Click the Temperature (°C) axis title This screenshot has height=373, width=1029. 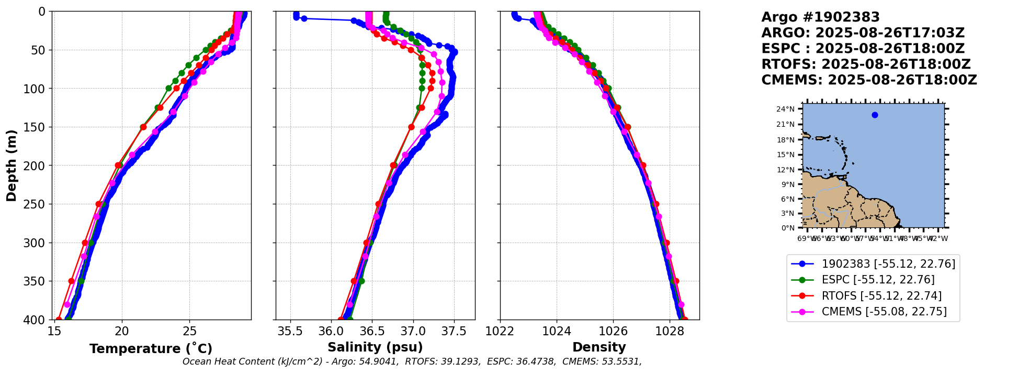(151, 349)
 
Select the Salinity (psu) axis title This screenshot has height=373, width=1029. (375, 347)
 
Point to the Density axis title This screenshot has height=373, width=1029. (599, 347)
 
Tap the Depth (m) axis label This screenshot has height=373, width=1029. (12, 165)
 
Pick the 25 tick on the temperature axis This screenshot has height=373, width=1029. (189, 331)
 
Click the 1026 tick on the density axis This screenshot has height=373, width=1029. (613, 331)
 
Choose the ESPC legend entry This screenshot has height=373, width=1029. (878, 280)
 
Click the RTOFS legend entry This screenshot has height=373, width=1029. (881, 296)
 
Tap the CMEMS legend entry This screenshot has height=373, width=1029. (884, 312)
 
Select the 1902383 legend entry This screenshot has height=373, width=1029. (888, 264)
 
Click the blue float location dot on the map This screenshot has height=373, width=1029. (875, 115)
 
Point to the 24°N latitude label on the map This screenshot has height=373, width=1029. (785, 109)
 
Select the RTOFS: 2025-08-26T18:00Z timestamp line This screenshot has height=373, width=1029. (866, 64)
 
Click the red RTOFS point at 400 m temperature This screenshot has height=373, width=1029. (59, 320)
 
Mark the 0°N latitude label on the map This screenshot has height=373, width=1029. (787, 228)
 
